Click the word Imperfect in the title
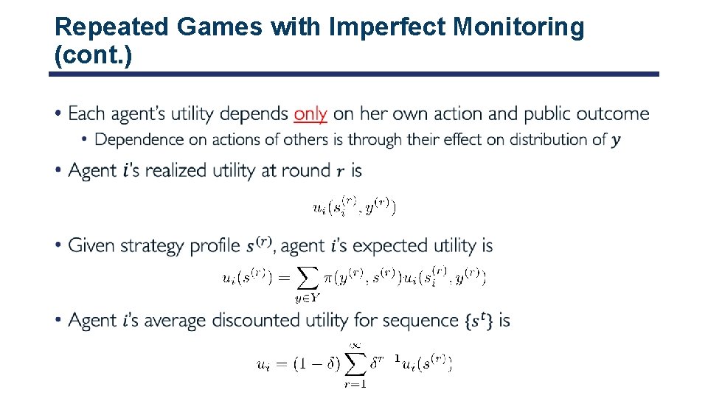click(387, 27)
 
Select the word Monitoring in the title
click(518, 27)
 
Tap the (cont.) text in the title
click(94, 55)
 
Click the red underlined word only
click(310, 114)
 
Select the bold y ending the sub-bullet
click(616, 141)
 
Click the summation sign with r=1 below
click(356, 363)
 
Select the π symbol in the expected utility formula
click(327, 278)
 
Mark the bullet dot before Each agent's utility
click(58, 114)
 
